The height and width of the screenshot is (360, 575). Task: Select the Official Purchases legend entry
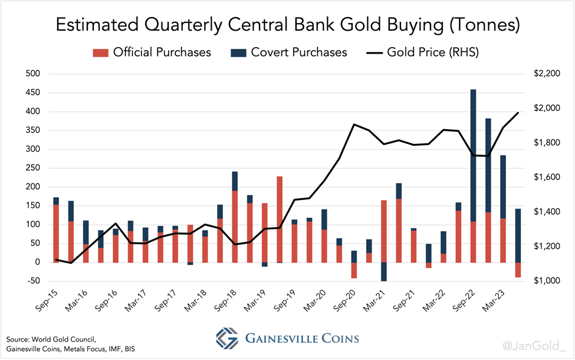152,53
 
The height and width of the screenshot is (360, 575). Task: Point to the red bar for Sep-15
56,233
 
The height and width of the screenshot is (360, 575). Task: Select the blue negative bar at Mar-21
384,271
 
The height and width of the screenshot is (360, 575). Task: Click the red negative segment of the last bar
518,270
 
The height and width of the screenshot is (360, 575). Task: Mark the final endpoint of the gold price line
518,113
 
